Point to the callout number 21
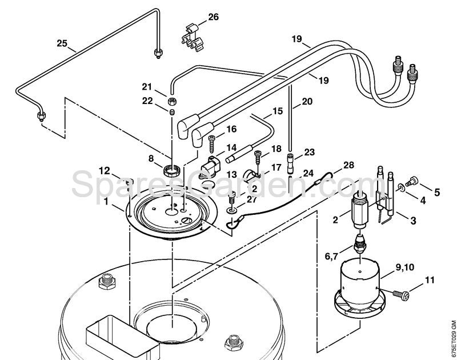(x=147, y=87)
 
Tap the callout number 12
(x=104, y=170)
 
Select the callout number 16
(x=231, y=129)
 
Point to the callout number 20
(x=307, y=102)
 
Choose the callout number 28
(x=348, y=165)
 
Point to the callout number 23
(x=310, y=152)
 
